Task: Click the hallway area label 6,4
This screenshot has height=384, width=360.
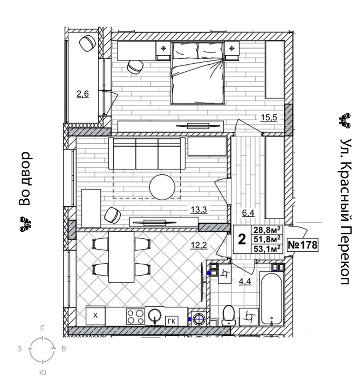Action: [x=248, y=213]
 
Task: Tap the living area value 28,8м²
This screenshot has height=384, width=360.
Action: [x=266, y=230]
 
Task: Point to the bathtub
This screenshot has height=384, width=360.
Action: [x=272, y=298]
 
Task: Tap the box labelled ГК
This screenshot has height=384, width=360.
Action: [x=172, y=320]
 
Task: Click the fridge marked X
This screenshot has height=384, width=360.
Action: [x=95, y=316]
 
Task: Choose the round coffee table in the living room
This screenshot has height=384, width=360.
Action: [x=162, y=187]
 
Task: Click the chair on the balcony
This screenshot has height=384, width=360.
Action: [x=88, y=43]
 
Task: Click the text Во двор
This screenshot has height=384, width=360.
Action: [x=25, y=178]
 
